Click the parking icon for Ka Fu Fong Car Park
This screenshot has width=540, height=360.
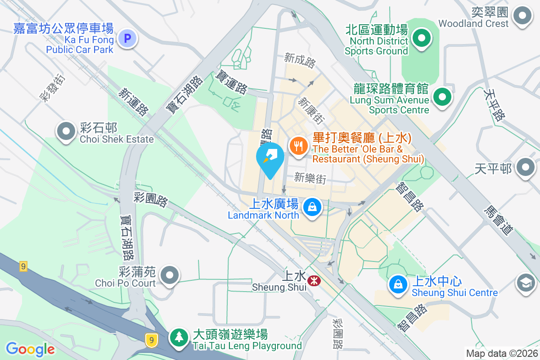(127, 39)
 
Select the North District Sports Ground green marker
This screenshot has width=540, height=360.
(421, 38)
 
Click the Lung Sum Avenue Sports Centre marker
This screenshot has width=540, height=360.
(442, 97)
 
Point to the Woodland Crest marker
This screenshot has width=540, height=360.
(522, 16)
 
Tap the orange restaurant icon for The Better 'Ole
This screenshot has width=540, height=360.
(298, 146)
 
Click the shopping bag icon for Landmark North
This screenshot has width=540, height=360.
(311, 207)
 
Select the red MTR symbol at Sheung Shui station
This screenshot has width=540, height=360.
(314, 281)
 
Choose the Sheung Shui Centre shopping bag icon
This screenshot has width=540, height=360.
(398, 284)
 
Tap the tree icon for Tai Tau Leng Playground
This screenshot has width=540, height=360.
(179, 337)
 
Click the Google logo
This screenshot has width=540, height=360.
(30, 349)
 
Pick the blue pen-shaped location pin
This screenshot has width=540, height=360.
(270, 158)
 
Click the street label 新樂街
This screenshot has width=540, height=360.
(310, 178)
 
